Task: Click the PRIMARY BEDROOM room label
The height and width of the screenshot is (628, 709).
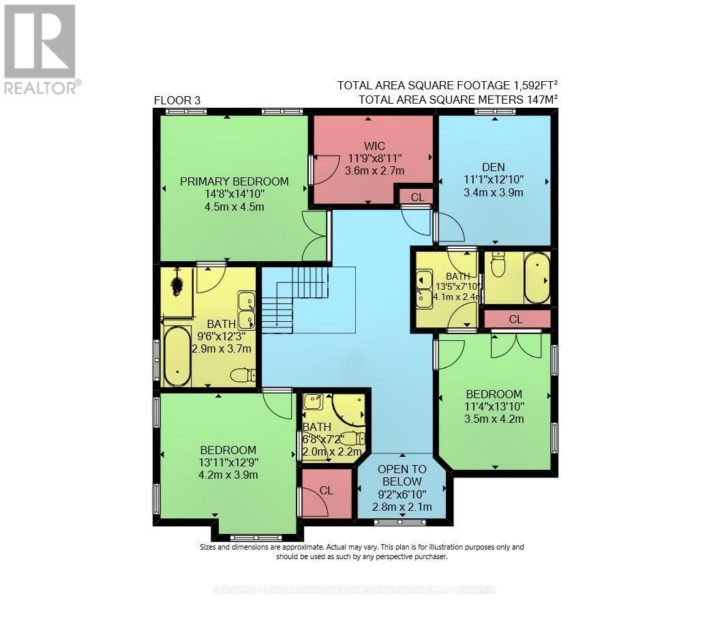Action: click(234, 181)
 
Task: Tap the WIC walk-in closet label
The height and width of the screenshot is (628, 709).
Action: click(374, 145)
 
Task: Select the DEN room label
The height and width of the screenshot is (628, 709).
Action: click(492, 166)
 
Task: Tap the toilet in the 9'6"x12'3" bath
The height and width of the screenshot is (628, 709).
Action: click(243, 375)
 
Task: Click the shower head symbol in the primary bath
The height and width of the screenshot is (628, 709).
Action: click(177, 282)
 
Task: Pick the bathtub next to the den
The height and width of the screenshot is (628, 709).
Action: click(537, 278)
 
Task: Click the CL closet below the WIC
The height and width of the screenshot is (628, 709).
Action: click(417, 197)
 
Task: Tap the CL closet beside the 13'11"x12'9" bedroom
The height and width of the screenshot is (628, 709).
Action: click(326, 490)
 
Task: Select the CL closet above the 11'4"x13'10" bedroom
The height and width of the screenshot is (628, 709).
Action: click(515, 319)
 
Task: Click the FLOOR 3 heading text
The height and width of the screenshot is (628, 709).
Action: click(177, 100)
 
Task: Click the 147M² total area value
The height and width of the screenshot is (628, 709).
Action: click(539, 100)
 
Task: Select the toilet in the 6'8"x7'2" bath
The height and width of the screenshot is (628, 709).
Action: click(353, 438)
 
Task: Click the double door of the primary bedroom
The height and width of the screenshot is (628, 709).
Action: click(316, 236)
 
